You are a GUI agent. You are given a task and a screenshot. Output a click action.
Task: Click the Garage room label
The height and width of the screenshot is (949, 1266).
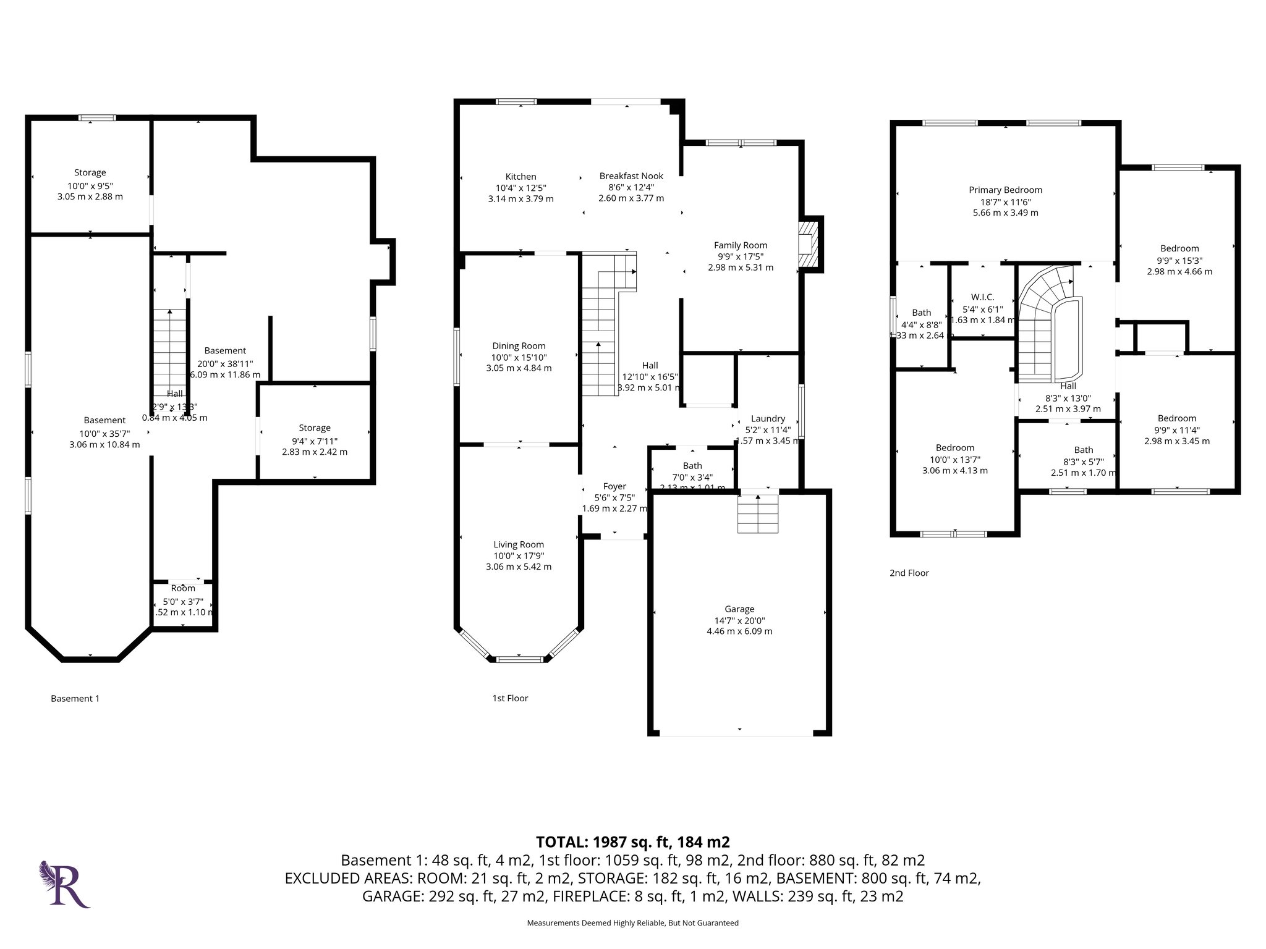coord(739,609)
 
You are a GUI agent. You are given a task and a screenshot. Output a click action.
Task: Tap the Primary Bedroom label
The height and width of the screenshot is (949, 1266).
coord(1005,190)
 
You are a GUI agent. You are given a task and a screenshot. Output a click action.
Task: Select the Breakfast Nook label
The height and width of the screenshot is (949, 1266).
coord(631,176)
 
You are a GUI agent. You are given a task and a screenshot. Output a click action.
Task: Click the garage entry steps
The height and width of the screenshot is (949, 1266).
coord(758,513)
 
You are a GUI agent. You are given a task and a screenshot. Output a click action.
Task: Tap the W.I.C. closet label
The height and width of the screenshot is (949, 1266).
coord(982,297)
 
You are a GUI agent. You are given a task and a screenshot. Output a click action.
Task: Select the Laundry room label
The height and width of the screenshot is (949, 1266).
coord(768,418)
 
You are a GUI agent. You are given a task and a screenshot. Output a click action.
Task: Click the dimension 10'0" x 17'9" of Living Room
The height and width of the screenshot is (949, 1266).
coord(519,555)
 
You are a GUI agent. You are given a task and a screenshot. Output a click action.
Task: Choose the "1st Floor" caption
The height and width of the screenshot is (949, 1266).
coord(510,698)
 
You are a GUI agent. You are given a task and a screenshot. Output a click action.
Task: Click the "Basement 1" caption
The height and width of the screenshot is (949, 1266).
coord(75,699)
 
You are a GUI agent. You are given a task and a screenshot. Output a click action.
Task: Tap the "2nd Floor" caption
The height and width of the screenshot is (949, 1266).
coord(909,573)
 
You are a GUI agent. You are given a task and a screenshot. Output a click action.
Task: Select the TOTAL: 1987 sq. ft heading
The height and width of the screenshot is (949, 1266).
coord(632,841)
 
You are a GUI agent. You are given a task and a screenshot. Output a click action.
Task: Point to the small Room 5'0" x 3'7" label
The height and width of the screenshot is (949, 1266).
coord(183,588)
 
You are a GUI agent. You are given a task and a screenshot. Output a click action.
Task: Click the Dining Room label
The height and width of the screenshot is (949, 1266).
coord(519,346)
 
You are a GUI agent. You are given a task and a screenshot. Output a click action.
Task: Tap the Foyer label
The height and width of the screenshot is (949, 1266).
coord(614,486)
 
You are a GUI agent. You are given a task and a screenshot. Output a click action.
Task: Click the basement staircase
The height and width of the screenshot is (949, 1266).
coord(169,352)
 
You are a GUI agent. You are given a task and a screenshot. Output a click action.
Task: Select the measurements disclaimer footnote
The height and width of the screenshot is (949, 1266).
coord(632,923)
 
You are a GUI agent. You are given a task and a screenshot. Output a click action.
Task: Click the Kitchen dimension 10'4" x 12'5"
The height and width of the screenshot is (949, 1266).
coord(520,188)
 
